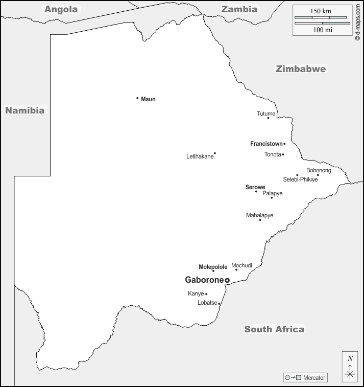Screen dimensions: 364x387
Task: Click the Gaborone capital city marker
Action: (227, 280)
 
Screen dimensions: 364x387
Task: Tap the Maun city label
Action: (148, 99)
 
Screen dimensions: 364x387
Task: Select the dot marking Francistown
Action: (284, 144)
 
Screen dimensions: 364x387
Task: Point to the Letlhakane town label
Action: (200, 156)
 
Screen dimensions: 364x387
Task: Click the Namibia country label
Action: (25, 110)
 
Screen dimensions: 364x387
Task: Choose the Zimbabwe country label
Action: (301, 69)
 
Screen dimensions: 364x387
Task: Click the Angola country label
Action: (61, 9)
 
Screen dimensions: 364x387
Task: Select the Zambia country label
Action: (239, 9)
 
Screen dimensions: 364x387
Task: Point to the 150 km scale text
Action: (321, 11)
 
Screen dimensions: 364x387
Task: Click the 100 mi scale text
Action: (322, 30)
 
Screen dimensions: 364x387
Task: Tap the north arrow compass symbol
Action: (350, 368)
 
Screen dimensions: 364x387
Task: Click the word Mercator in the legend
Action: (314, 378)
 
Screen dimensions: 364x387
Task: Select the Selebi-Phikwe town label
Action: (300, 179)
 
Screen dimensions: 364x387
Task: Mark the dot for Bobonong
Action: (318, 175)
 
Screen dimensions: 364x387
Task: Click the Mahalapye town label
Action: (259, 215)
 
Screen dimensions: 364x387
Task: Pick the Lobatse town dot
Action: (219, 304)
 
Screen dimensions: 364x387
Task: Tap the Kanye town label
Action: (196, 294)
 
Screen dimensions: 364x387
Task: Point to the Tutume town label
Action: (266, 113)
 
